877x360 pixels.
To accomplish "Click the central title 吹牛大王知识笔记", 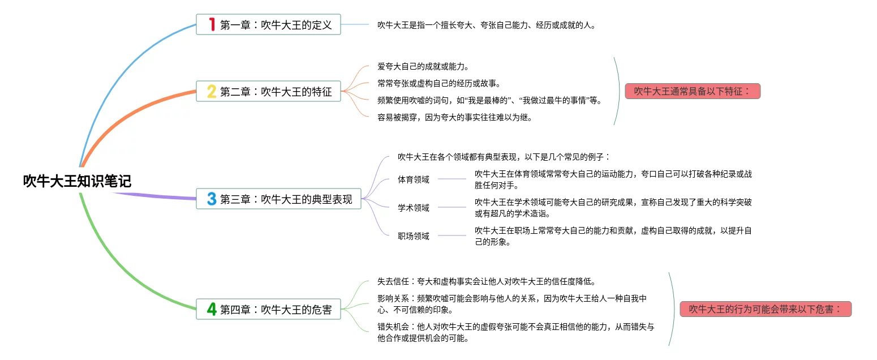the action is [77, 181].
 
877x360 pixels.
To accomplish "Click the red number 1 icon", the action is [212, 25].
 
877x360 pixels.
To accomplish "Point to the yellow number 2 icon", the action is [212, 91].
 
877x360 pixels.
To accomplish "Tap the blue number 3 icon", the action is [212, 199].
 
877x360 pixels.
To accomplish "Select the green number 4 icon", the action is [212, 310].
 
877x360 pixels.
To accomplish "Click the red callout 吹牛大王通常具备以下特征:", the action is [692, 91].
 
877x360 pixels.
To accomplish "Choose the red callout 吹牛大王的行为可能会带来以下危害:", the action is [766, 309].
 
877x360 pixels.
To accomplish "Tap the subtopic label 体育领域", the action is [414, 179].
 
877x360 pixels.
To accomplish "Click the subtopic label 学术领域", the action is [414, 208].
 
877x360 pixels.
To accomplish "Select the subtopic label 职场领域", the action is [414, 236].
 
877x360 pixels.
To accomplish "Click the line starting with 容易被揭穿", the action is [454, 118].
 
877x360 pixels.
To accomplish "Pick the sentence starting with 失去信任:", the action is [486, 281].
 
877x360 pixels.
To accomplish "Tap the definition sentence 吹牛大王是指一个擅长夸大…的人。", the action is [487, 25].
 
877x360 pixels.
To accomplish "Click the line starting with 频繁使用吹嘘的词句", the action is [490, 101].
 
